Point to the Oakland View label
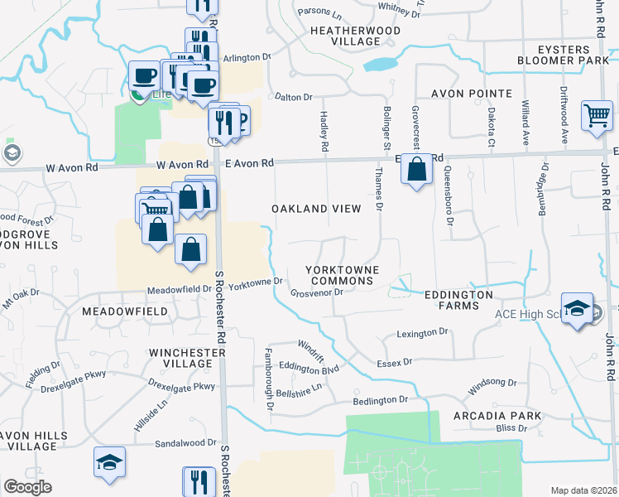point(317,209)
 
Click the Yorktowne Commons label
point(342,275)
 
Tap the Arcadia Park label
point(497,415)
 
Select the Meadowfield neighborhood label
point(125,311)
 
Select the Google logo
point(27,487)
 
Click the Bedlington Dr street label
point(381,399)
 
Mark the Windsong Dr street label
point(492,383)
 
